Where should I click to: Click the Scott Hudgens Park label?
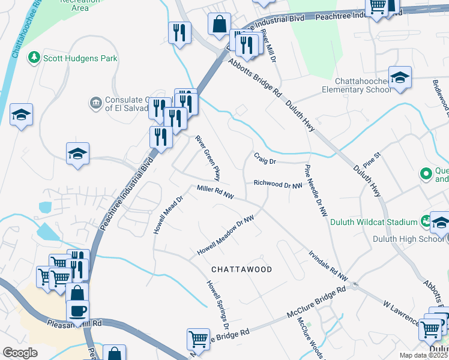tap(74, 58)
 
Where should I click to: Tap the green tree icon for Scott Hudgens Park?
tap(35, 58)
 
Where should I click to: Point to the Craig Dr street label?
tap(264, 161)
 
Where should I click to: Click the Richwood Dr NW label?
tap(277, 184)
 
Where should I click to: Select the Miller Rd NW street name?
tap(215, 192)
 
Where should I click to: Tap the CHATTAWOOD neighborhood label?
tap(241, 269)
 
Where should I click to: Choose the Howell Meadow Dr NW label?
tap(226, 236)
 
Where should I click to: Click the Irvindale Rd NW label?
tap(327, 265)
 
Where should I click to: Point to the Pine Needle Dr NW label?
tap(316, 190)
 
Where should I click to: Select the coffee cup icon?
tap(77, 311)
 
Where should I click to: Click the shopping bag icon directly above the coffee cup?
tap(77, 293)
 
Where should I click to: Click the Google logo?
tap(20, 353)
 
